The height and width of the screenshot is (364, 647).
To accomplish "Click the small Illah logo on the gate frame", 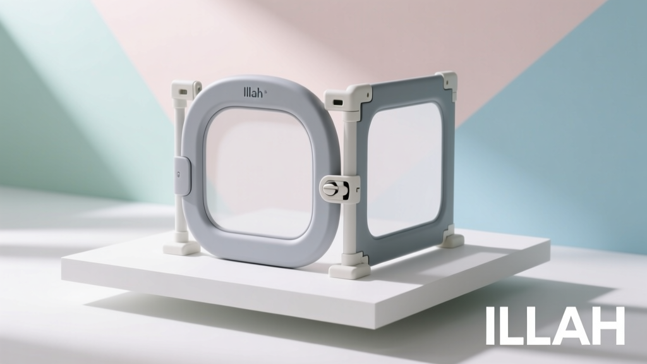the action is pyautogui.click(x=253, y=92).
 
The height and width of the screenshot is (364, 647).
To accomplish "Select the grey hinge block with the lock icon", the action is pyautogui.click(x=183, y=176).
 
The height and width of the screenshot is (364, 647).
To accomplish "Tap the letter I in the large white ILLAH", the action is pyautogui.click(x=490, y=325).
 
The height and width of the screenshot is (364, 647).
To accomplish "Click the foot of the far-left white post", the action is pyautogui.click(x=181, y=247).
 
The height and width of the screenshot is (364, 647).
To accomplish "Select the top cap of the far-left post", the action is pyautogui.click(x=186, y=88).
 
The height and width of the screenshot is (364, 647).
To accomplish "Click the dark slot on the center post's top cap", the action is pyautogui.click(x=337, y=102).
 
